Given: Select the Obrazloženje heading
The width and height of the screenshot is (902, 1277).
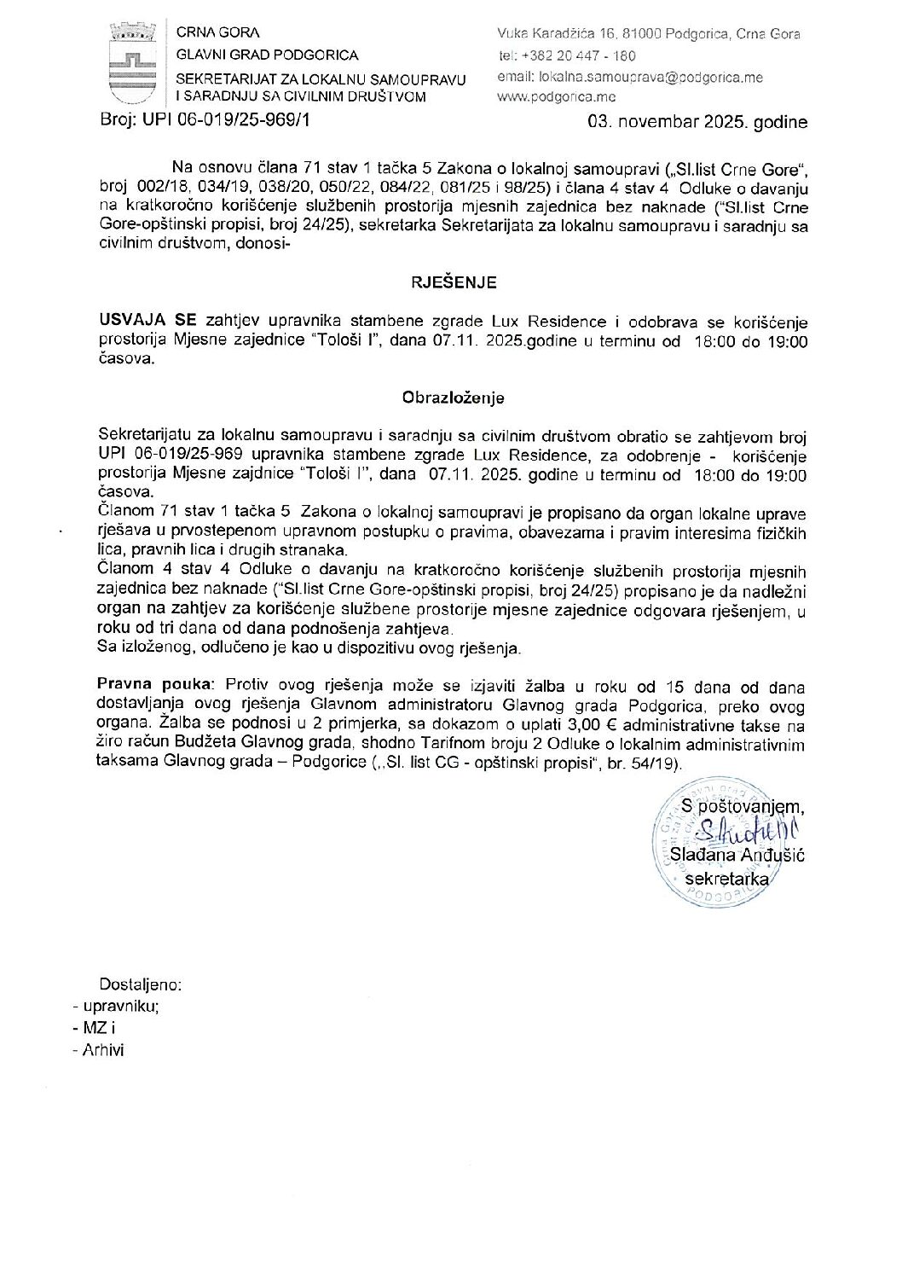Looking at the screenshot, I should [x=454, y=398].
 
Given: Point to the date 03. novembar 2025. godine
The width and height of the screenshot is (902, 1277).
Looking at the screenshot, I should [x=697, y=121].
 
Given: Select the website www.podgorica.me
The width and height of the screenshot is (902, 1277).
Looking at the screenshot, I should [x=550, y=97].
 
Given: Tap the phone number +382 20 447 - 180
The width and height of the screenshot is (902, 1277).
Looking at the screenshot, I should [x=579, y=55].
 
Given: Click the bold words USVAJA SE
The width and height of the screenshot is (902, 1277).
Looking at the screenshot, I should [x=147, y=322].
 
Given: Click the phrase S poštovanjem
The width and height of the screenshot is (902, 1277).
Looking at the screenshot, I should [x=743, y=804].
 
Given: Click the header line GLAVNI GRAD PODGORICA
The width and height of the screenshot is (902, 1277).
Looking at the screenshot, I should [x=267, y=55].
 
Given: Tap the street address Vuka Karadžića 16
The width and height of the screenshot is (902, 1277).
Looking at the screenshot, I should [x=566, y=34].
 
